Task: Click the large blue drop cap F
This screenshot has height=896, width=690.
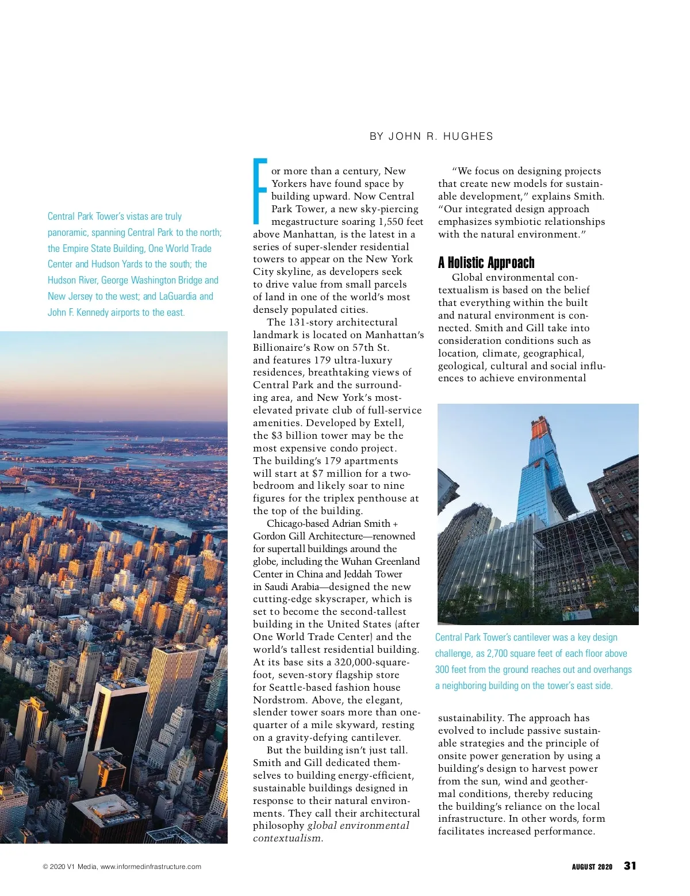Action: pos(260,191)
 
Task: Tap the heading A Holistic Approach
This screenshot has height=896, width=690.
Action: pos(486,263)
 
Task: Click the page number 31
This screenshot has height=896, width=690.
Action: pos(630,866)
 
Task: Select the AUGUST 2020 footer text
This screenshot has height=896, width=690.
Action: pos(592,867)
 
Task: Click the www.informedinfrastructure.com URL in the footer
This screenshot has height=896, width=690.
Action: pos(151,867)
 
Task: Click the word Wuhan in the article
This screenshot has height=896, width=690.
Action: pos(356,561)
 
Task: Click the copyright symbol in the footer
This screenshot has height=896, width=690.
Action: pos(45,867)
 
